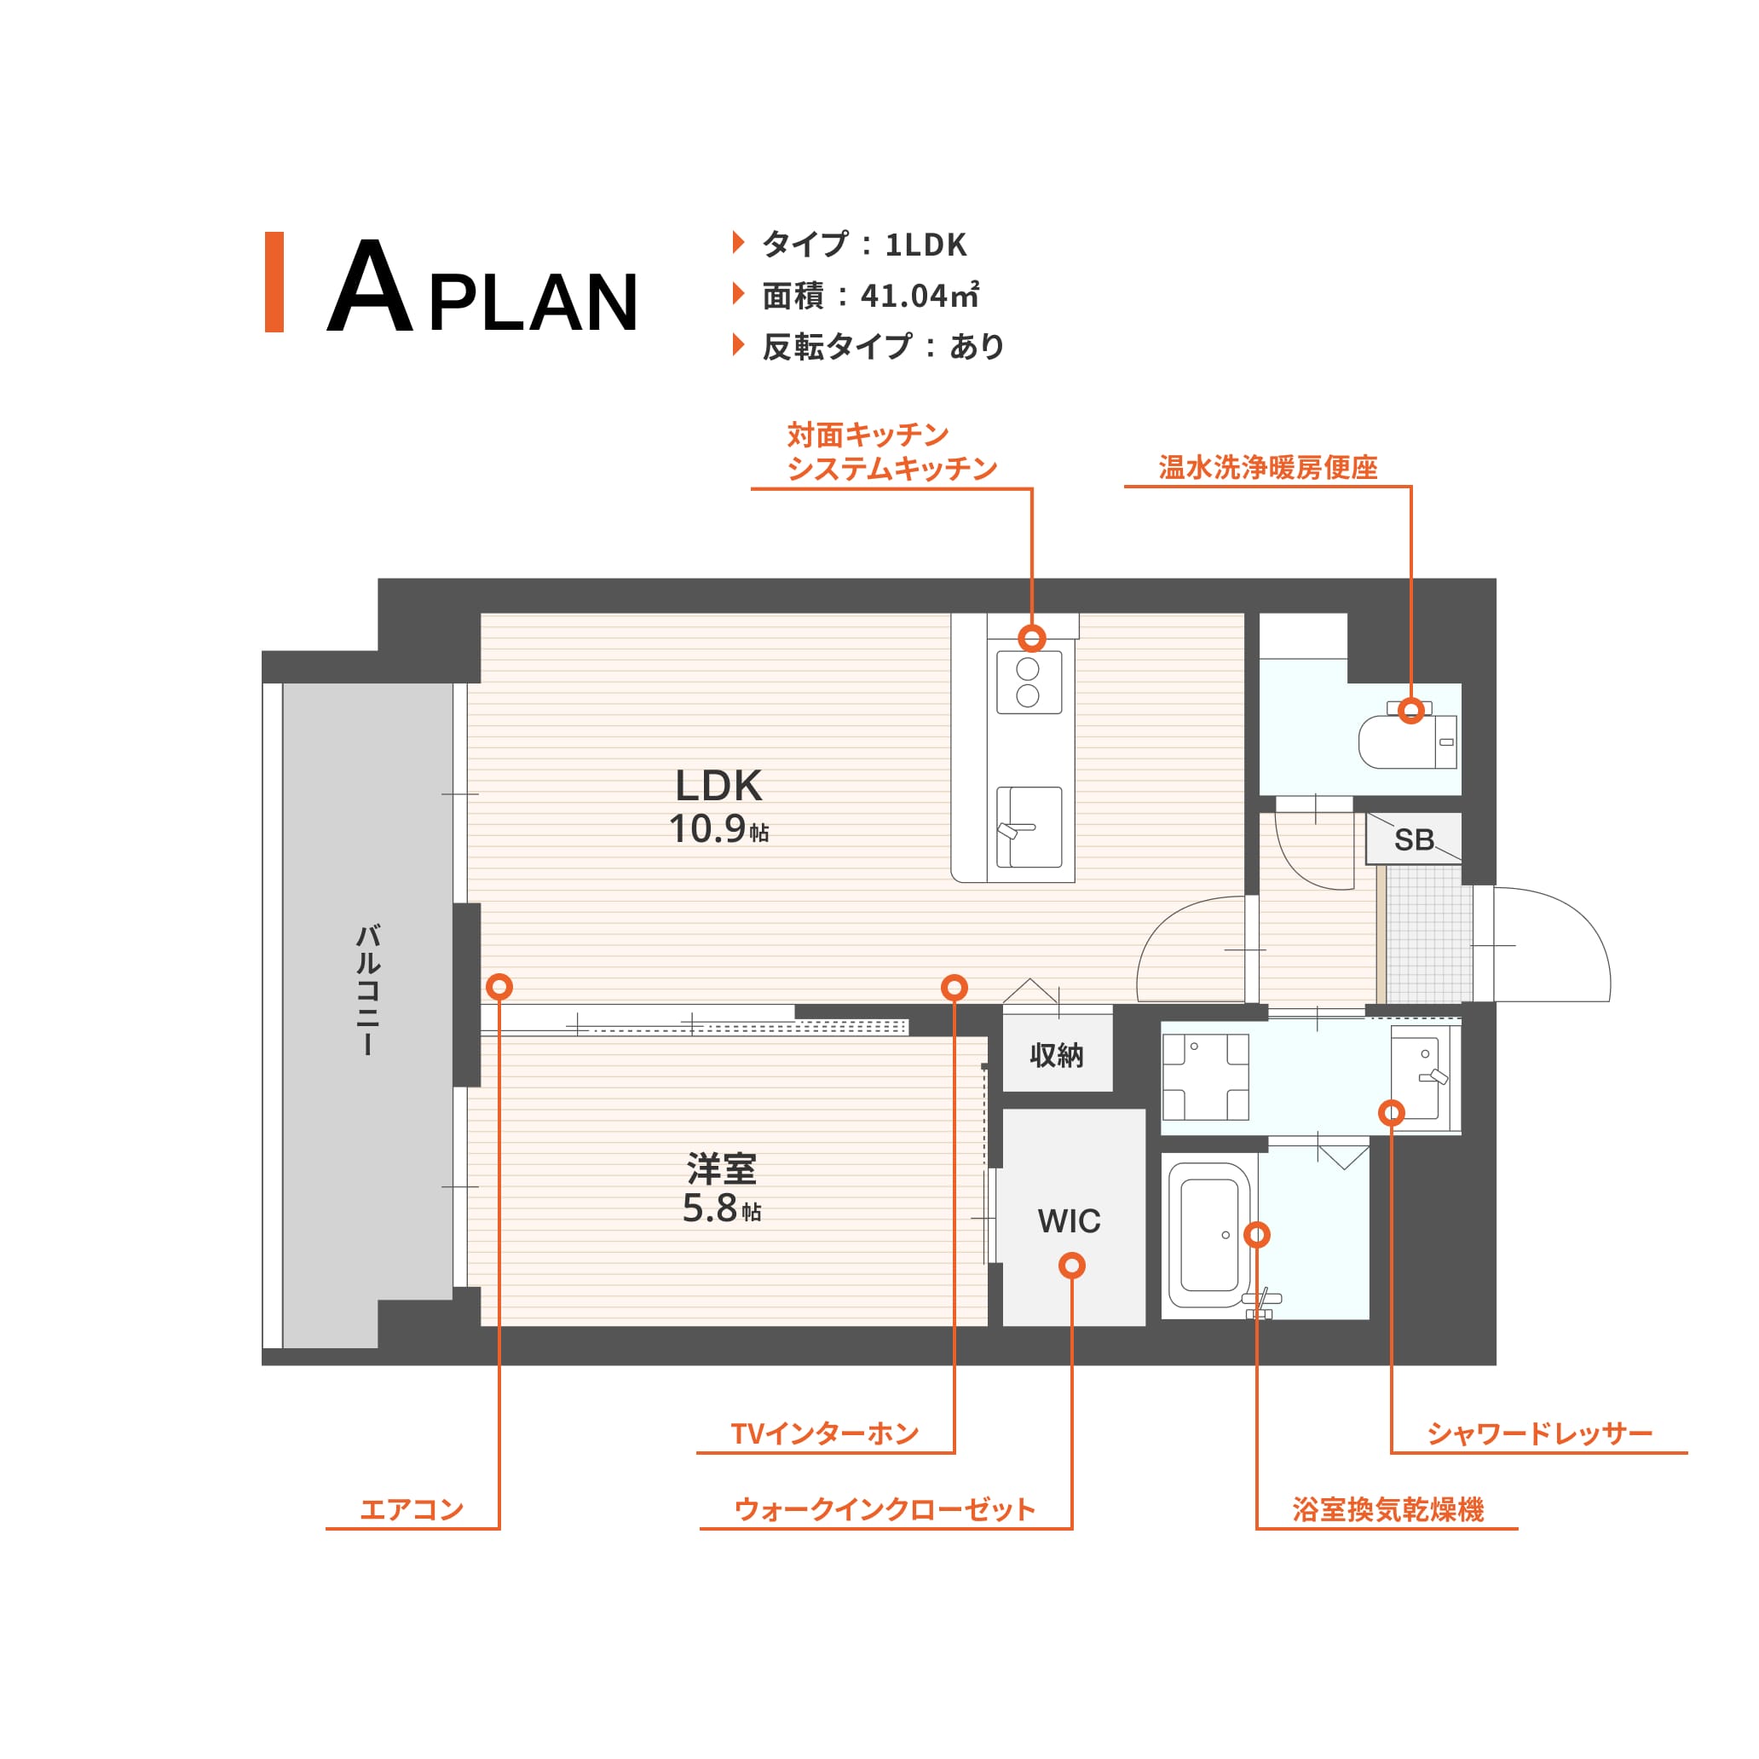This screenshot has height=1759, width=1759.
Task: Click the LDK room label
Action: pyautogui.click(x=718, y=785)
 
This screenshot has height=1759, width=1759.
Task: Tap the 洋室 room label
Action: pyautogui.click(x=721, y=1168)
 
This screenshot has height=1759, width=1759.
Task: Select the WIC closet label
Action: pyautogui.click(x=1069, y=1221)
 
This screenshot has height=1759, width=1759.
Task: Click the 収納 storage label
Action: pyautogui.click(x=1056, y=1055)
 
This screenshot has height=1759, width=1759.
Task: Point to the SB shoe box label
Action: pyautogui.click(x=1414, y=839)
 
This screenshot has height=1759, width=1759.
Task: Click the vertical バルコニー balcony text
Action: pyautogui.click(x=367, y=989)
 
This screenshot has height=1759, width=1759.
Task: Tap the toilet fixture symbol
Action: pyautogui.click(x=1407, y=736)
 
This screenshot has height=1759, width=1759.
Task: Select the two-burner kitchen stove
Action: pyautogui.click(x=1029, y=683)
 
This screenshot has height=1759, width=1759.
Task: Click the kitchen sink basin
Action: pyautogui.click(x=1029, y=828)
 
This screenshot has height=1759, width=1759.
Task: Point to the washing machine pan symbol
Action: pyautogui.click(x=1205, y=1077)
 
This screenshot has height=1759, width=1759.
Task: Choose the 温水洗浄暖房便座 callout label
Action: pyautogui.click(x=1267, y=467)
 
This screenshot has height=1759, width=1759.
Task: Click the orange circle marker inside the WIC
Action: pyautogui.click(x=1071, y=1266)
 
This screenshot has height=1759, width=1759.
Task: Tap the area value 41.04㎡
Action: pyautogui.click(x=920, y=295)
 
